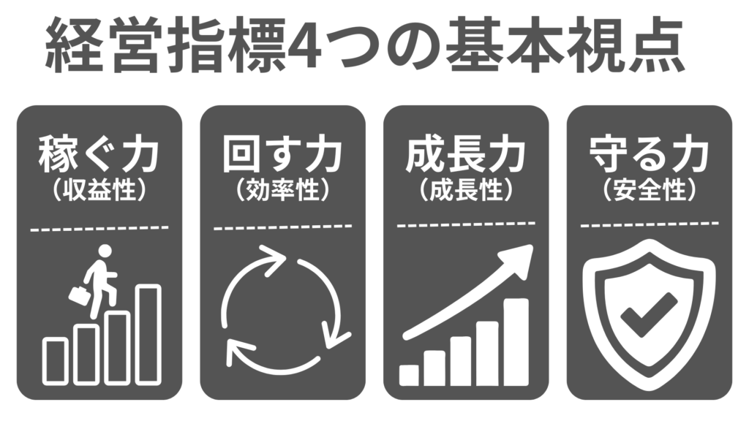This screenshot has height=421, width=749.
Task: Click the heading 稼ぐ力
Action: coord(99,153)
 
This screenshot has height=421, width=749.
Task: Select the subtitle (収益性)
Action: coord(99,190)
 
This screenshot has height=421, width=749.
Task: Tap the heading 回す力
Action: coord(282,153)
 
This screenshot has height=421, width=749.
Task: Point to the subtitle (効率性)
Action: coord(282,190)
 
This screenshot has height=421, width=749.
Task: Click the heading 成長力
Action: coord(466,153)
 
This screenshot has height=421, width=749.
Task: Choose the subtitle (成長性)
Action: coord(466,190)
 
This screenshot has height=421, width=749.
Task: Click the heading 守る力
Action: coord(650,153)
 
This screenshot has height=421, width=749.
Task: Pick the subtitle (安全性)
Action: coord(650,190)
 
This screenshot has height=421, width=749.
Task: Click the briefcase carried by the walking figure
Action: coord(80,295)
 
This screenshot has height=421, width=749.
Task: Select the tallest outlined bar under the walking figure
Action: coord(148,335)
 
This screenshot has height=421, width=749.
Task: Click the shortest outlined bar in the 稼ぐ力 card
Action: coord(56,361)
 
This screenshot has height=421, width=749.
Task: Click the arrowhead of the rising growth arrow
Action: coord(518,260)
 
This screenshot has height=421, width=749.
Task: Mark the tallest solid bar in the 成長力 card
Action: coord(516,342)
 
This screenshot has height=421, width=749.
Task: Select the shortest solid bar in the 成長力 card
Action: coord(409,375)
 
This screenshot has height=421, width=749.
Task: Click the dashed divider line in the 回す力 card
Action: coord(283,227)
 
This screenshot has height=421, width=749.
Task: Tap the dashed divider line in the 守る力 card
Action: coord(650,224)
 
